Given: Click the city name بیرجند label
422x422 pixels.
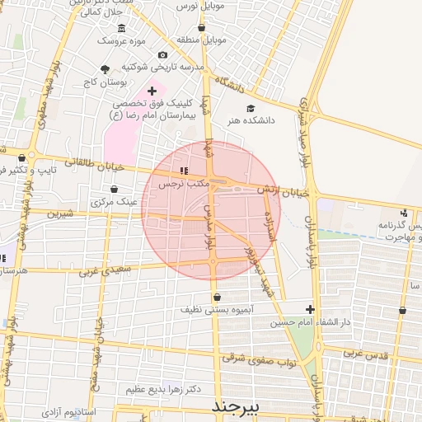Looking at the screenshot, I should point(235,407).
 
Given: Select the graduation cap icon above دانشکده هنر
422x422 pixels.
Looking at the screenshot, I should point(251,108).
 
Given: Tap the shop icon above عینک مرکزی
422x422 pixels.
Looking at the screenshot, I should point(101,190).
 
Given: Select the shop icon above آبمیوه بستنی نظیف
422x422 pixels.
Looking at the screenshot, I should point(217,297).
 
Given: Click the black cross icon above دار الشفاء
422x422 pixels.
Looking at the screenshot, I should point(310,308).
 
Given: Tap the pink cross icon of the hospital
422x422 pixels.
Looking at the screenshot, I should point(151,91).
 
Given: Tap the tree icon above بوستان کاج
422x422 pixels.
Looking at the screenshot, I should point(105,69).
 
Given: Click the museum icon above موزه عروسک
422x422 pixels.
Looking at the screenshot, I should point(122,28).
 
